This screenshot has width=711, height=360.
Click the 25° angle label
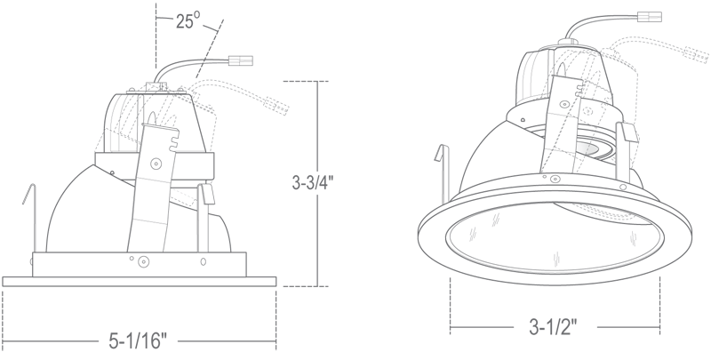[x=188, y=20]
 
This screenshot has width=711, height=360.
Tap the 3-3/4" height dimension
[x=313, y=182]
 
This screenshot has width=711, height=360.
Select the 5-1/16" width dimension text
[x=138, y=341]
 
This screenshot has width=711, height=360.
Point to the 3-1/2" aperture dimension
[x=553, y=327]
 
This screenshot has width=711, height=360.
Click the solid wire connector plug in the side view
[x=240, y=60]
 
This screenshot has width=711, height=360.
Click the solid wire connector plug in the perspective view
[x=650, y=17]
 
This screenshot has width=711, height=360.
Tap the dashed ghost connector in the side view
[x=277, y=106]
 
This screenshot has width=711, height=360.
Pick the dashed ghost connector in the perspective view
[x=697, y=54]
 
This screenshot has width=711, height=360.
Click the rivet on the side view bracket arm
[x=156, y=163]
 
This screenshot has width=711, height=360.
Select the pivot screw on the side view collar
[x=143, y=261]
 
